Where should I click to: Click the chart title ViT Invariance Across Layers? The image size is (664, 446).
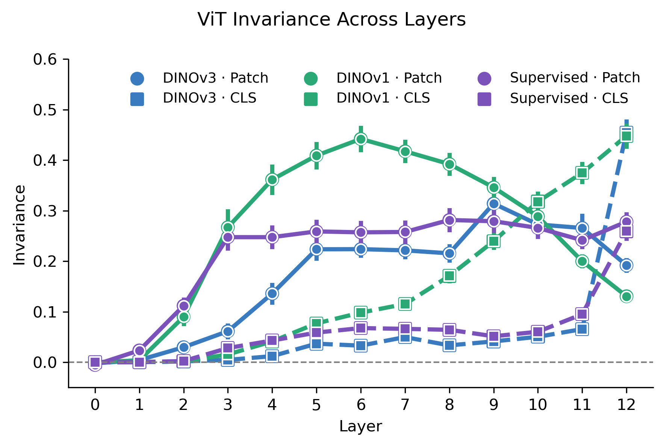tap(331, 20)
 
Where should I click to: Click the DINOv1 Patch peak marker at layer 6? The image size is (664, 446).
tap(361, 139)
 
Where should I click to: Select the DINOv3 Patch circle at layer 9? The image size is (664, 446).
tap(493, 204)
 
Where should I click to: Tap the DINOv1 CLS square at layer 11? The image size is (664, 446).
tap(582, 173)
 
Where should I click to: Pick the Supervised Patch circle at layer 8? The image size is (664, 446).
tap(449, 220)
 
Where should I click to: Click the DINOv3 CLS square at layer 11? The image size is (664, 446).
tap(582, 329)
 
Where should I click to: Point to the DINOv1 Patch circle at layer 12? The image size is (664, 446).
tap(626, 296)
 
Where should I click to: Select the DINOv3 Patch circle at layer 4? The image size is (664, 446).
tap(272, 293)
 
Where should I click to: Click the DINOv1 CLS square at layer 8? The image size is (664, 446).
tap(449, 276)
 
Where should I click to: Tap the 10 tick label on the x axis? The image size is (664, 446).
tap(537, 405)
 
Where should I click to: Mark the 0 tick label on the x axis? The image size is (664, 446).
tap(95, 405)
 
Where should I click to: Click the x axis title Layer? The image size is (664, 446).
tap(360, 426)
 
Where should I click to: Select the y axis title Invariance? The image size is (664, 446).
tap(20, 225)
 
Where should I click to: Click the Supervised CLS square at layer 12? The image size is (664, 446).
tap(626, 231)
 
